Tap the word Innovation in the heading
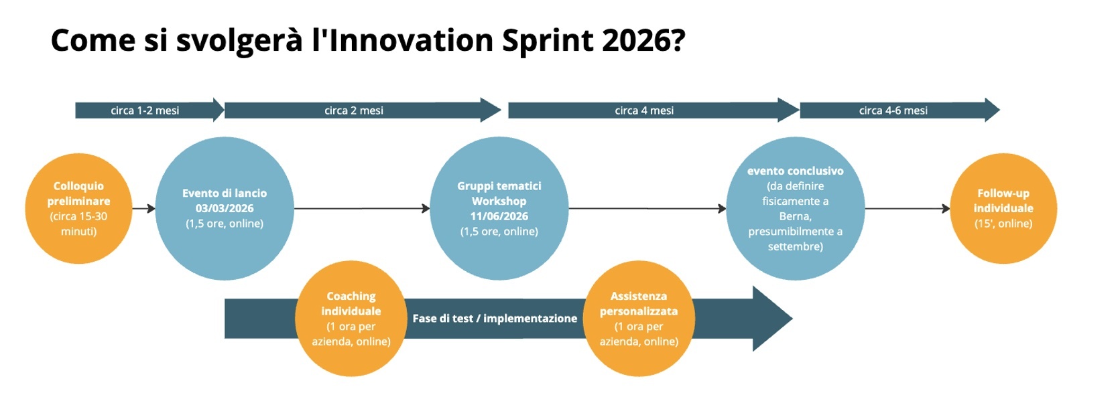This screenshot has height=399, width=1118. click(x=410, y=40)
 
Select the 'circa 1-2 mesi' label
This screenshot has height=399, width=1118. click(x=145, y=110)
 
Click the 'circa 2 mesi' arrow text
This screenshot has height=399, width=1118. click(x=354, y=110)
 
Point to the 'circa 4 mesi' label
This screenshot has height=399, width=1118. click(x=644, y=110)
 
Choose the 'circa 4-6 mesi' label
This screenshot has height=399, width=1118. click(x=893, y=110)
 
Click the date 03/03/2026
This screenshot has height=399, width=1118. click(x=225, y=208)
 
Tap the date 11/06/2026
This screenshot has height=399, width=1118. click(x=499, y=216)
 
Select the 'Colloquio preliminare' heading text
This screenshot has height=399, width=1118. click(x=78, y=193)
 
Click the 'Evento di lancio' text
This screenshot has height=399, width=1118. click(x=225, y=193)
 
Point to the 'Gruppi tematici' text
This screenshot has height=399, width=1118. click(x=499, y=186)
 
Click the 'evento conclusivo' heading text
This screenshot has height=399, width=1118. click(x=795, y=171)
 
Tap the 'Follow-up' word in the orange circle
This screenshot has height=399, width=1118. click(x=1003, y=193)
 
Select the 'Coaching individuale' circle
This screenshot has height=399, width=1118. click(x=351, y=319)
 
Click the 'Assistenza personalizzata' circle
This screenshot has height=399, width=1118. click(x=639, y=319)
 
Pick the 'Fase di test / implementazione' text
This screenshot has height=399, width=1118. click(x=495, y=319)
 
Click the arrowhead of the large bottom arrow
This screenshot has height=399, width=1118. click(x=771, y=319)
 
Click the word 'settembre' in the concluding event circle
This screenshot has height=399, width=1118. click(x=795, y=246)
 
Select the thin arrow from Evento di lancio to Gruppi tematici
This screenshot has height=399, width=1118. click(x=362, y=208)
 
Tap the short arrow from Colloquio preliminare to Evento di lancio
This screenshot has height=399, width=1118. click(x=143, y=208)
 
